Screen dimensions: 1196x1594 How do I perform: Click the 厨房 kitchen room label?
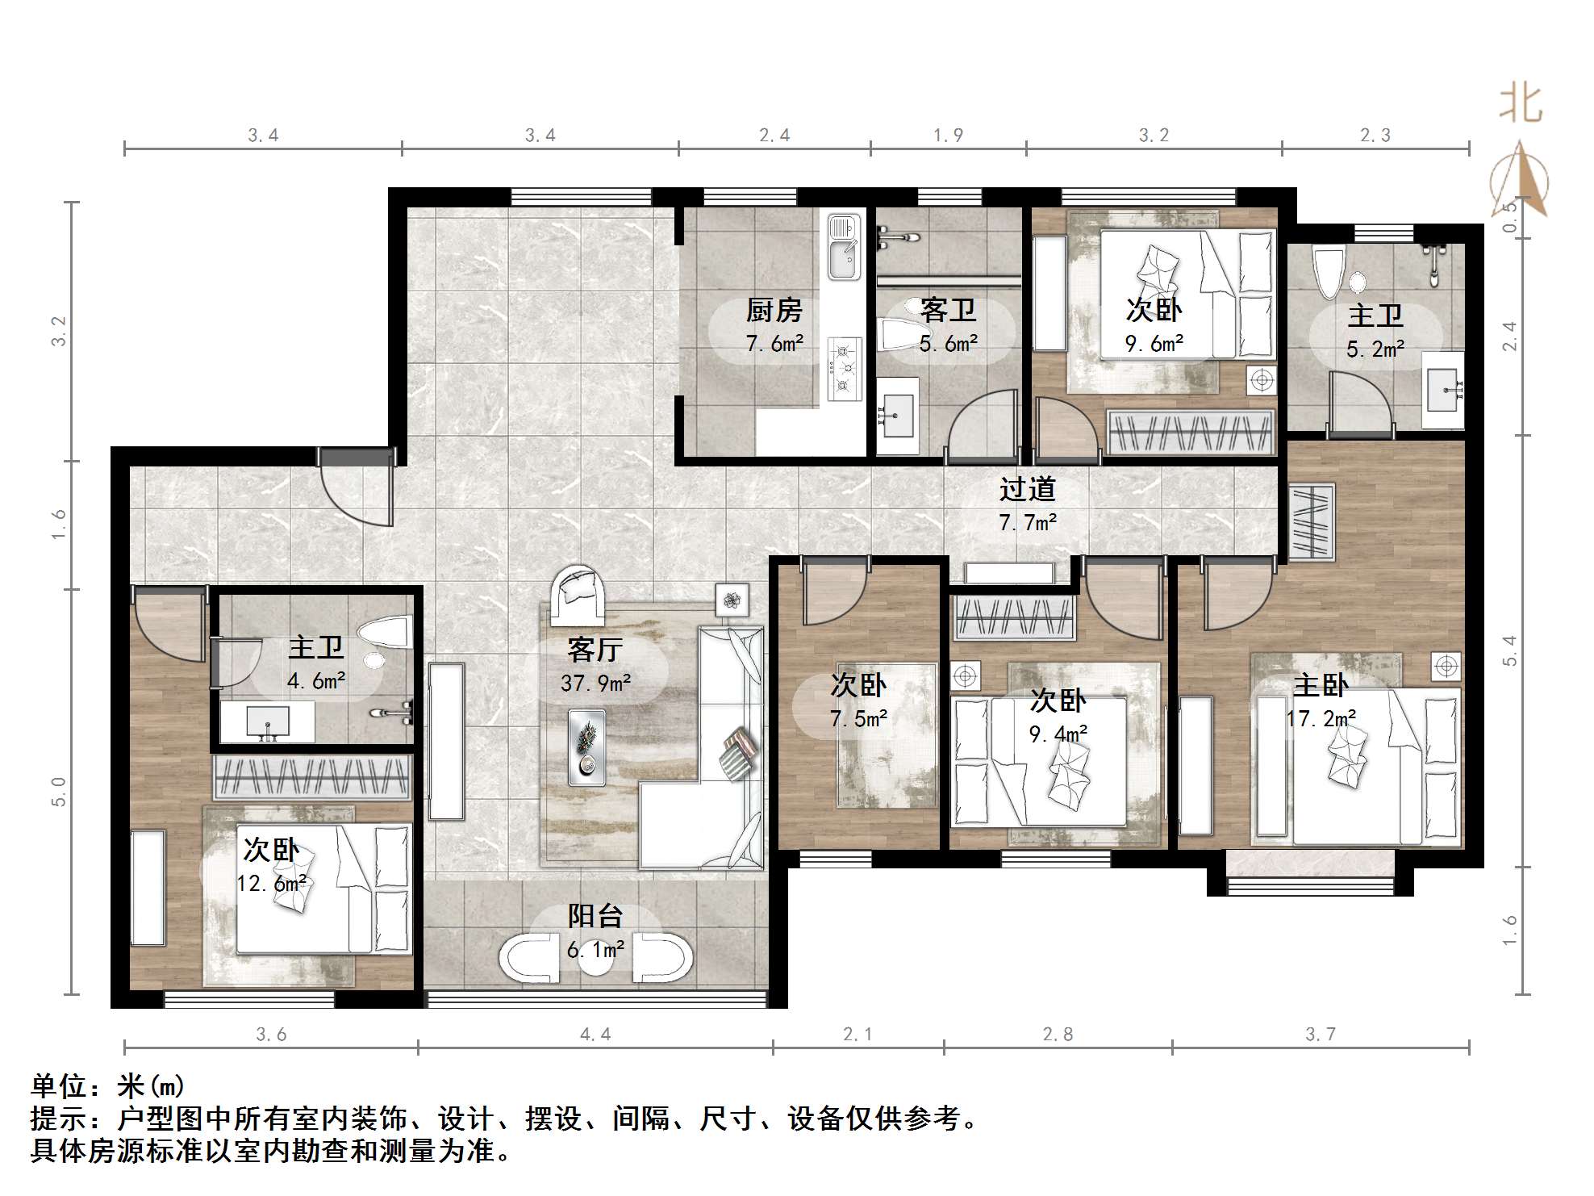tap(774, 310)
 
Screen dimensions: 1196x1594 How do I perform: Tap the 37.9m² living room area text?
tap(595, 684)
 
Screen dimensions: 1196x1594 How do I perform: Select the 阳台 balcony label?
tap(595, 916)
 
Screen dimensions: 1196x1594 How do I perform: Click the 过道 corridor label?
tap(1027, 489)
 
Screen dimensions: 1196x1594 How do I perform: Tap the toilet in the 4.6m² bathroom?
tap(386, 632)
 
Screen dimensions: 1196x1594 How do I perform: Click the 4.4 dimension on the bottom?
tap(595, 1035)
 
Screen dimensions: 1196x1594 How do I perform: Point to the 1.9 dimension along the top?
tap(949, 136)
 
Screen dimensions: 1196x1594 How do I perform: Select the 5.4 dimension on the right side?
tap(1509, 650)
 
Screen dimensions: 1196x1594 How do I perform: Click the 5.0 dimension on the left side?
tap(58, 792)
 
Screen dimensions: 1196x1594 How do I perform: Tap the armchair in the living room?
tap(578, 596)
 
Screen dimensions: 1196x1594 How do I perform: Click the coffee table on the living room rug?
tap(586, 746)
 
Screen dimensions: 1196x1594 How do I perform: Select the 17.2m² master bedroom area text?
tap(1321, 717)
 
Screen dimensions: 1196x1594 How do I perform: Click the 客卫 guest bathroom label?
tap(949, 310)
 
